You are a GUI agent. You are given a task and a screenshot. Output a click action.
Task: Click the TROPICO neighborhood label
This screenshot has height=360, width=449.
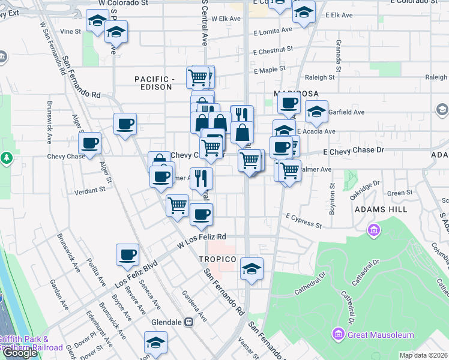coord(217,259)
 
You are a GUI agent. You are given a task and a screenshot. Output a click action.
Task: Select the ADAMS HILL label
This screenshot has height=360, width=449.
coord(381,209)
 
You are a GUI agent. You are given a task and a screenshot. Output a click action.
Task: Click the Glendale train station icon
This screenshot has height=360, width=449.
coord(189,322)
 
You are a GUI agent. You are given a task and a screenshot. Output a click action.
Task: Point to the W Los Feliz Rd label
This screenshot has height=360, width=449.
coord(202,241)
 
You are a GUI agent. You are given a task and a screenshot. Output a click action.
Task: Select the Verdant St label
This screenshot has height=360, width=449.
coord(90,190)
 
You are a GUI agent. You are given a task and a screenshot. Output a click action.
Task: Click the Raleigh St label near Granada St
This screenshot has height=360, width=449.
coord(320,77)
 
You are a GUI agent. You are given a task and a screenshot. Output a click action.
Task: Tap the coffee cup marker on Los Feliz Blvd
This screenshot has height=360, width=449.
coord(127,255)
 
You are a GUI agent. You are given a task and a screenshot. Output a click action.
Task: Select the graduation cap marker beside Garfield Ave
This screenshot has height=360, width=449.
coord(316,112)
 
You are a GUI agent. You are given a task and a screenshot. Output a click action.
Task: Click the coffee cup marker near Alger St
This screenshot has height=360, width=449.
coord(90,144)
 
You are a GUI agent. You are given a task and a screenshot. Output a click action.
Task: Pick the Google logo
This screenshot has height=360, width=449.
coord(20,353)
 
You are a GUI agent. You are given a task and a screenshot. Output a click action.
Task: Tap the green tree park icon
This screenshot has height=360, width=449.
coord(7,158)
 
